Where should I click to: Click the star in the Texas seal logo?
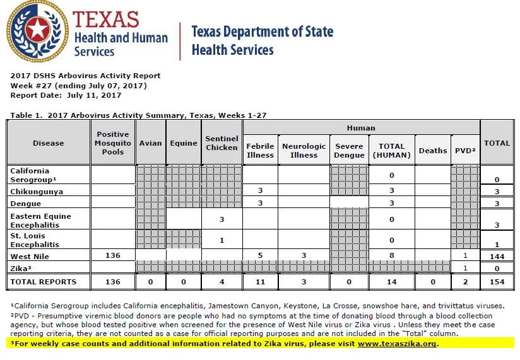click(37, 29)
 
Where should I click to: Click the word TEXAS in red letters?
click(106, 19)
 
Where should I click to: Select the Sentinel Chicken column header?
click(222, 143)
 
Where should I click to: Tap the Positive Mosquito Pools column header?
click(113, 143)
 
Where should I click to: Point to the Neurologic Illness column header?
click(304, 150)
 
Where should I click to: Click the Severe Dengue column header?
click(349, 150)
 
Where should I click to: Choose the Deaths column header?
click(433, 150)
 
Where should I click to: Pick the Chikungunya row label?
click(37, 192)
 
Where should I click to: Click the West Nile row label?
click(30, 257)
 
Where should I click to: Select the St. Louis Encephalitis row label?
click(35, 240)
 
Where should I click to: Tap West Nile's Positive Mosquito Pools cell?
click(113, 255)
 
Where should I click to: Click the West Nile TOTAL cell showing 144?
click(497, 257)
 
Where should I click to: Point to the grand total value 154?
click(497, 282)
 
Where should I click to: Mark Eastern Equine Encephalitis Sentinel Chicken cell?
click(222, 219)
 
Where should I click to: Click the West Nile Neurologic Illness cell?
click(304, 255)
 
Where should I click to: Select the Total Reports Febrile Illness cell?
click(261, 282)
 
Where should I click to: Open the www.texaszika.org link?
click(397, 344)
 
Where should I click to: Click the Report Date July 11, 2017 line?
click(66, 95)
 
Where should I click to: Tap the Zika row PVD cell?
click(465, 268)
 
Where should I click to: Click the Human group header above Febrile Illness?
click(361, 128)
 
